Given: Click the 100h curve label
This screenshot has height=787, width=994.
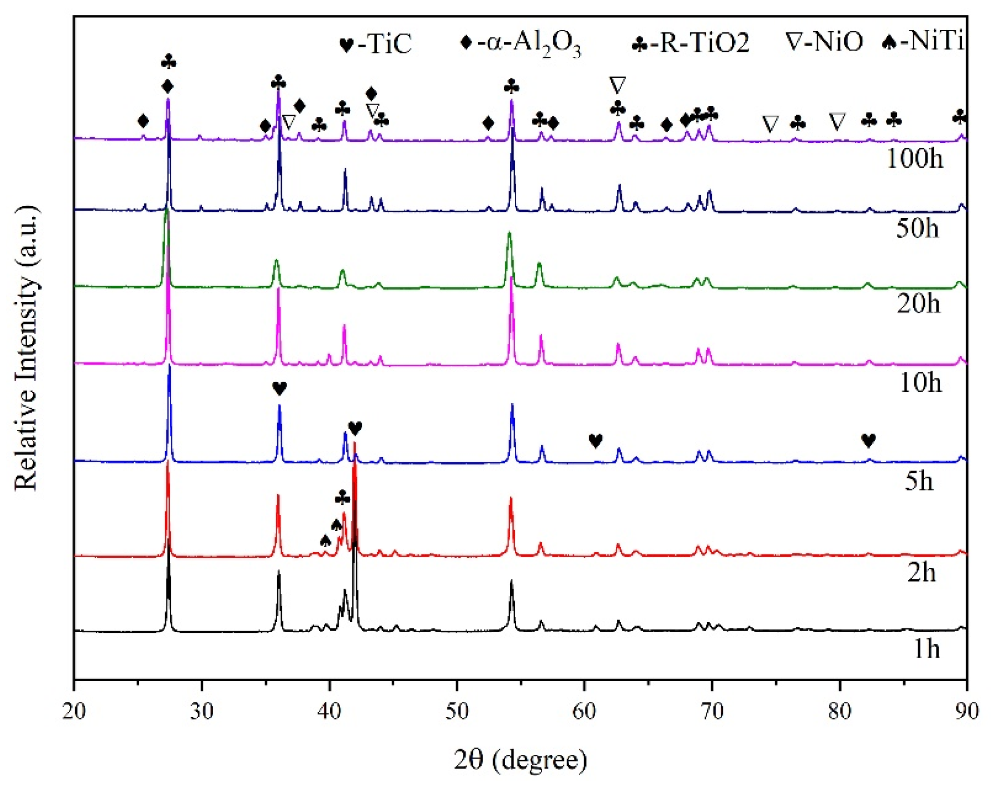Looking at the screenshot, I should (x=914, y=158).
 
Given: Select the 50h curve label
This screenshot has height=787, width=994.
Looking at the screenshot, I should (x=917, y=228).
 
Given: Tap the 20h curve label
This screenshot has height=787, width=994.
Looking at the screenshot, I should (x=918, y=303).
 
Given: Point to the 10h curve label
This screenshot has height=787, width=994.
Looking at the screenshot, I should (x=920, y=383).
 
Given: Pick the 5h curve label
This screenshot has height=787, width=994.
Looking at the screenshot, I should (x=919, y=481).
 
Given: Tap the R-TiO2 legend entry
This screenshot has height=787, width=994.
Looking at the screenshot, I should (x=690, y=43).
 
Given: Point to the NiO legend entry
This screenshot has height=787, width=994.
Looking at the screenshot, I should (x=824, y=42).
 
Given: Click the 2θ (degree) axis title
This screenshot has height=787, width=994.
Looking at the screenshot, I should (x=521, y=760).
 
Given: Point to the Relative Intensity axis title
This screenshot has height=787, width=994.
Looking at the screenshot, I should (x=26, y=349).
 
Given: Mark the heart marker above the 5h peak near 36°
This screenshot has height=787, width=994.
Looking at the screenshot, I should (x=280, y=388).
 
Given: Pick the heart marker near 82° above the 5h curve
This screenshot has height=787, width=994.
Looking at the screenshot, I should (x=868, y=440).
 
